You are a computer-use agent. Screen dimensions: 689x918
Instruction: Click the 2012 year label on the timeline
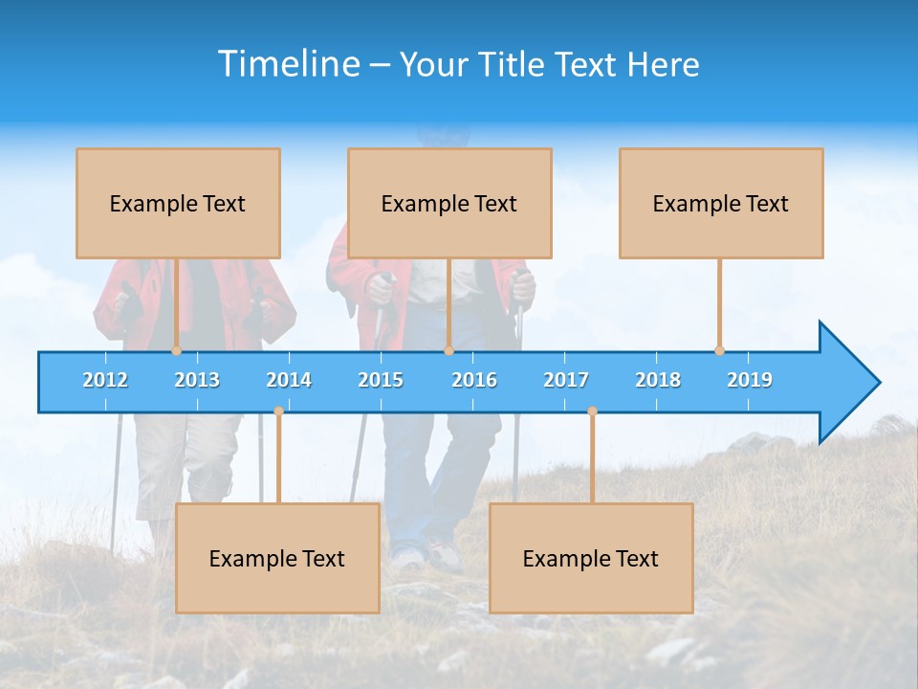click(x=105, y=380)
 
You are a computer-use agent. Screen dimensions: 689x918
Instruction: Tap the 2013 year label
click(x=197, y=380)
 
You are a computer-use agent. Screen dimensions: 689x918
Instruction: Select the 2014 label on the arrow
click(x=289, y=380)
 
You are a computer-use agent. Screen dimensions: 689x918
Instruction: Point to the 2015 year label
click(x=381, y=380)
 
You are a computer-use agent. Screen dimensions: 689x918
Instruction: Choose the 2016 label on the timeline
click(x=474, y=380)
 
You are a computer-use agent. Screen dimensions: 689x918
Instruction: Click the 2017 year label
click(x=566, y=380)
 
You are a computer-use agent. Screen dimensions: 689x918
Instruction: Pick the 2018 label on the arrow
click(x=658, y=380)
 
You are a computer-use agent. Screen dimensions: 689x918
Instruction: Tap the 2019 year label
click(x=750, y=380)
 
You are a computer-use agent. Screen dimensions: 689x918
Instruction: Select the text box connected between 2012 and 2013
click(x=178, y=203)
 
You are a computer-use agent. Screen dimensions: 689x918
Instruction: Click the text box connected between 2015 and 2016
click(x=449, y=203)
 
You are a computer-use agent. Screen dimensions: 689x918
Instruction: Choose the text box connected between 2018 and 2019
click(x=721, y=203)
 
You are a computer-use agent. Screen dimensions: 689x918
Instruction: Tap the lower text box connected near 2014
click(x=277, y=558)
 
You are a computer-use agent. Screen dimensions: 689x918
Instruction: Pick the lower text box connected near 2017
click(x=591, y=558)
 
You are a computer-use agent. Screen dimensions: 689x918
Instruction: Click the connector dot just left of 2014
click(x=278, y=411)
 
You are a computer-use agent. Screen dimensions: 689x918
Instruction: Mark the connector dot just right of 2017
click(x=592, y=411)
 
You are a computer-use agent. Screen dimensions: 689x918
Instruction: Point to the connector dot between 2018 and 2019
click(x=719, y=350)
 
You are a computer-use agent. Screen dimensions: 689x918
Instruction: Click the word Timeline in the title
click(x=286, y=64)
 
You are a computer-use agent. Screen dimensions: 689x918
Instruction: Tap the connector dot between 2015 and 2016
click(x=448, y=350)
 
